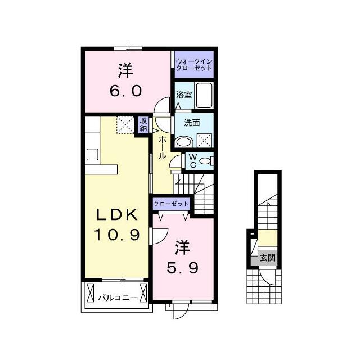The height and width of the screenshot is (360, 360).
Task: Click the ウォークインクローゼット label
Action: point(194,65)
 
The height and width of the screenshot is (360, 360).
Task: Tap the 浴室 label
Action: point(184,95)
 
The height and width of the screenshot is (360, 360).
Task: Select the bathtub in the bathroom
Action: point(204,95)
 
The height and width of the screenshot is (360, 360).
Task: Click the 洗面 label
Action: point(192,123)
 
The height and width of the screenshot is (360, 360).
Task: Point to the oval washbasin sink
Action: point(184,142)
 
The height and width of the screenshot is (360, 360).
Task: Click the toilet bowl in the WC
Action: point(206,161)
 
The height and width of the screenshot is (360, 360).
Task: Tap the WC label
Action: point(193,161)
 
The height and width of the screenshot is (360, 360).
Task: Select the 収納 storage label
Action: point(143,125)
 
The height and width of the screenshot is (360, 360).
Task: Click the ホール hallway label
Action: point(163,147)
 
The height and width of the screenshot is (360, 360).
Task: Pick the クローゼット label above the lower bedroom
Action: point(171,204)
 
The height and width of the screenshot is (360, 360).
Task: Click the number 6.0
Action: point(125,91)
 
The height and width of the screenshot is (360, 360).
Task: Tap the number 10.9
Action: point(117,235)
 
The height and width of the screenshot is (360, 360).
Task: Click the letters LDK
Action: point(118,215)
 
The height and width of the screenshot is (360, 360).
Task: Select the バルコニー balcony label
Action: point(118,298)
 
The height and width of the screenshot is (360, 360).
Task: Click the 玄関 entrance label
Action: point(268,258)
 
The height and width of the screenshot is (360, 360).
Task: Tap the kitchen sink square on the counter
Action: point(92,154)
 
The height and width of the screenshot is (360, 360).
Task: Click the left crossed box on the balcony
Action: point(90,292)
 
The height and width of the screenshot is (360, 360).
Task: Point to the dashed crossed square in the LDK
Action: point(125,125)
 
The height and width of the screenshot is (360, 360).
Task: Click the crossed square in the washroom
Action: point(205,140)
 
